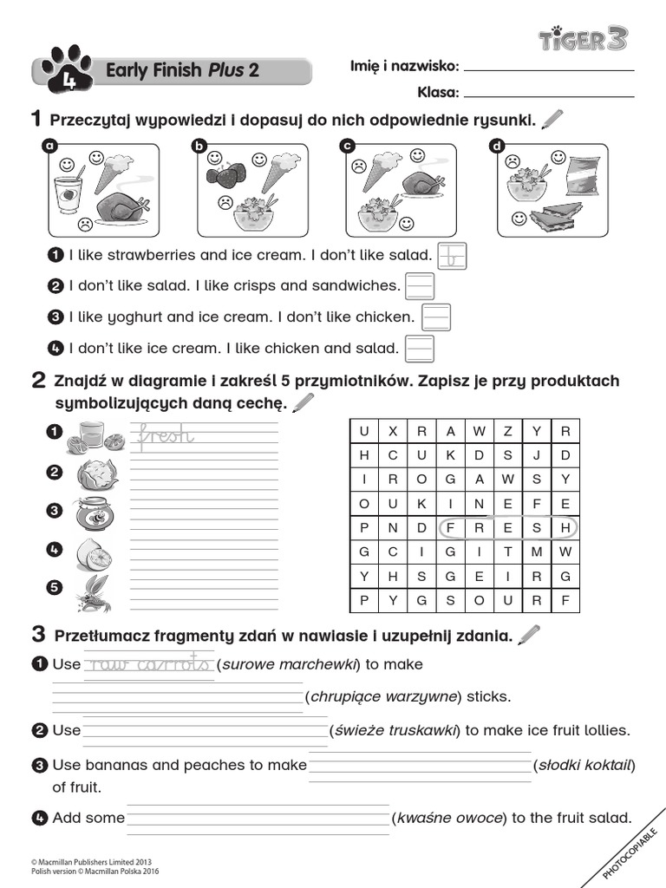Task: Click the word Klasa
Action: coord(437,91)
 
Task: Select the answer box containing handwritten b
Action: coord(453,255)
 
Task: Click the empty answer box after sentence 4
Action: coord(420,349)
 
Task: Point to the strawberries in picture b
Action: coord(225,174)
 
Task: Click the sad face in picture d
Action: coord(513,160)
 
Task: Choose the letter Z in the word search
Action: coord(508,431)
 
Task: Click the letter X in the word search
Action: coord(393,431)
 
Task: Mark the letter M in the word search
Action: coord(537,552)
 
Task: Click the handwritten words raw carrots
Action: coord(148,664)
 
